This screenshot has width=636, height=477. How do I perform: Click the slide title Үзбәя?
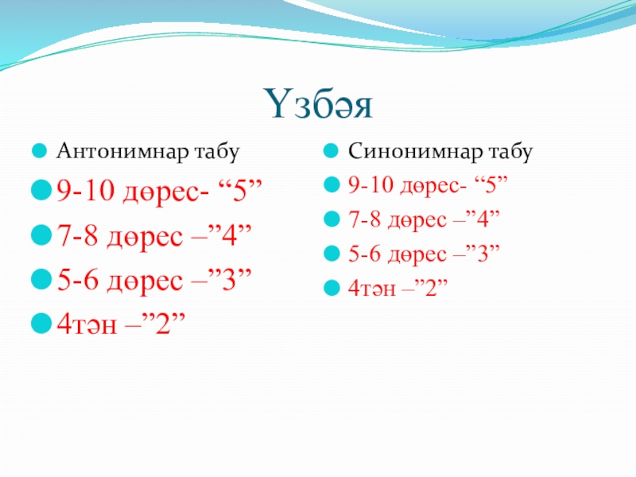point(319,104)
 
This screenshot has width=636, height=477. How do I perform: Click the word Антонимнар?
point(122,151)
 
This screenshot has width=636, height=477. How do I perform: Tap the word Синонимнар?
point(415,151)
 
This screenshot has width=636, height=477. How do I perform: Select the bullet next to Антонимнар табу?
point(39,151)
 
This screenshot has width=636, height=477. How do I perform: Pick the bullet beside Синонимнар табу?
point(331,151)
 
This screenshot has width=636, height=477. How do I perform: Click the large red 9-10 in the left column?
point(86,190)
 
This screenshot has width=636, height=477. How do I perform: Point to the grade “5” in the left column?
point(240,190)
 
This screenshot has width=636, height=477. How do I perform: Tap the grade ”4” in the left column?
point(229,235)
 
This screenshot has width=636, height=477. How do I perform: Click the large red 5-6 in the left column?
point(77,280)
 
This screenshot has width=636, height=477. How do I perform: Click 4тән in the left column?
point(87,324)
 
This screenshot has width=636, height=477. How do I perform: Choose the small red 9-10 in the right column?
point(371,185)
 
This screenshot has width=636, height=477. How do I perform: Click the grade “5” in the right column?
point(491,184)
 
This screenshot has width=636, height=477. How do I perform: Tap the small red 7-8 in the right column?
point(365,219)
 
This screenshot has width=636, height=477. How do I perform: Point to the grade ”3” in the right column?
point(483,254)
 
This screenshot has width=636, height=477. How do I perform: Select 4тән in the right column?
point(371,289)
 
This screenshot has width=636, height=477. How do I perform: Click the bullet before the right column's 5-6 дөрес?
point(332,254)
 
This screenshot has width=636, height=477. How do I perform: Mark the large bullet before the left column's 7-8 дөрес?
point(41,235)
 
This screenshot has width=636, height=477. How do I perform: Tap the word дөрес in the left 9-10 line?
point(165,192)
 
